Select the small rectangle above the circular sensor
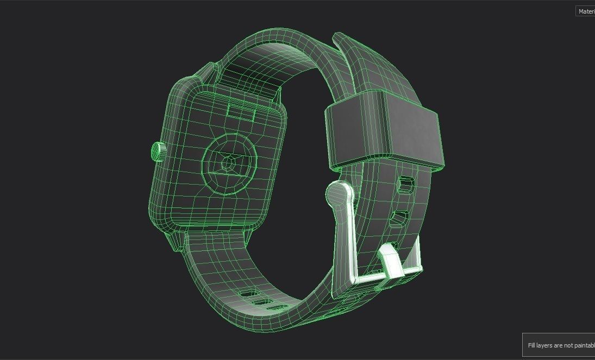241,111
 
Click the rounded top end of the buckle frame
339,193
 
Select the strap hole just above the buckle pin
401,219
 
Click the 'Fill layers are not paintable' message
560,345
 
